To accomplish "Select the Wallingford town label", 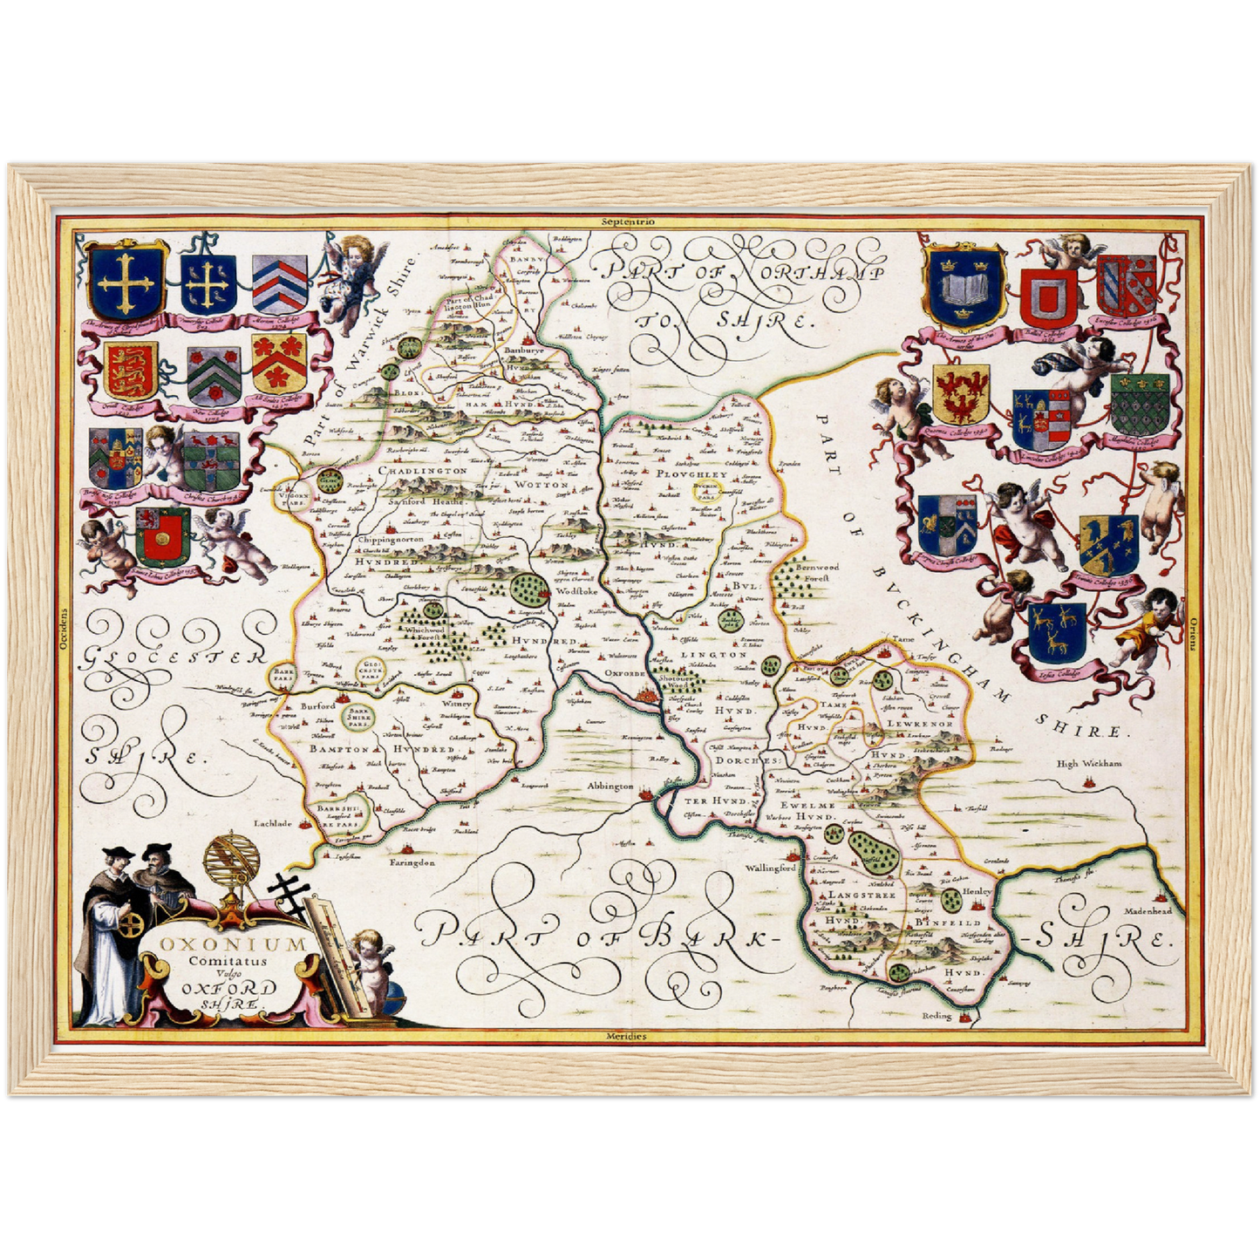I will [x=770, y=868].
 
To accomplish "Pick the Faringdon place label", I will [x=412, y=862].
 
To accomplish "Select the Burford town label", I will [x=317, y=705].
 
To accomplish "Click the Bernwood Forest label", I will [x=816, y=571].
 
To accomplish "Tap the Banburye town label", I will [x=524, y=351].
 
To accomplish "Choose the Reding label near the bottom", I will [x=937, y=1016].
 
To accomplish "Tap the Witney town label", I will [x=456, y=704].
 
